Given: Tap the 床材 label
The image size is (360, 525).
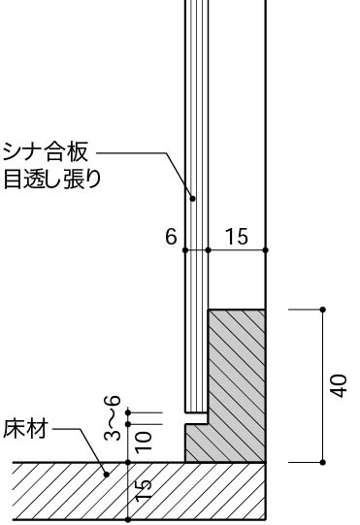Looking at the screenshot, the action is tap(24, 431).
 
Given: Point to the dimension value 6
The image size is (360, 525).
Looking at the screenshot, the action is tap(172, 237).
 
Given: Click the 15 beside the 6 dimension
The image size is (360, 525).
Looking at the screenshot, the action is tap(236, 237).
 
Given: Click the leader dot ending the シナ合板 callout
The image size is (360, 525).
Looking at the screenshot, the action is tap(193, 198).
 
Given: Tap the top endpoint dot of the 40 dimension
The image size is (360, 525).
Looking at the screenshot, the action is tap(322, 311).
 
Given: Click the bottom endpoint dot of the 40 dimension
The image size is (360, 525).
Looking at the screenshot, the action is tap(322, 463).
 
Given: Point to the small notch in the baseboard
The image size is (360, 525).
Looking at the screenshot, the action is tap(197, 423).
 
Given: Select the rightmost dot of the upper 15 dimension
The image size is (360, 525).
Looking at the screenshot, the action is tap(266, 250).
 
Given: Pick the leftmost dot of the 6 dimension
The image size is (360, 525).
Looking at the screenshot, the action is tap(185, 250).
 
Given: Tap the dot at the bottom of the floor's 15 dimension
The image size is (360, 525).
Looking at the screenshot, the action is tap(129, 519).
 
